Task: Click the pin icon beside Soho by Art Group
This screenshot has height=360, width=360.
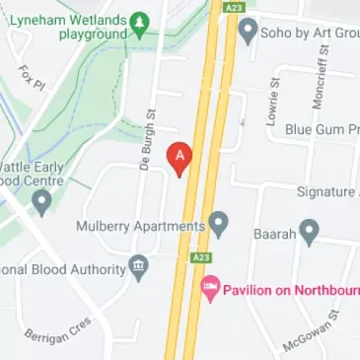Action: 248,30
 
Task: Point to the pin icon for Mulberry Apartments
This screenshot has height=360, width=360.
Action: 219,225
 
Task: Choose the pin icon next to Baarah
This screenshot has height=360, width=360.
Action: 310,233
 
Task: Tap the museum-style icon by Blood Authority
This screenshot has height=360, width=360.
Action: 139,266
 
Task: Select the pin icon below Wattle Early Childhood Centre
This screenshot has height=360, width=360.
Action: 41,202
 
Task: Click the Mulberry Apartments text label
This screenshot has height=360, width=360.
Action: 141,226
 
